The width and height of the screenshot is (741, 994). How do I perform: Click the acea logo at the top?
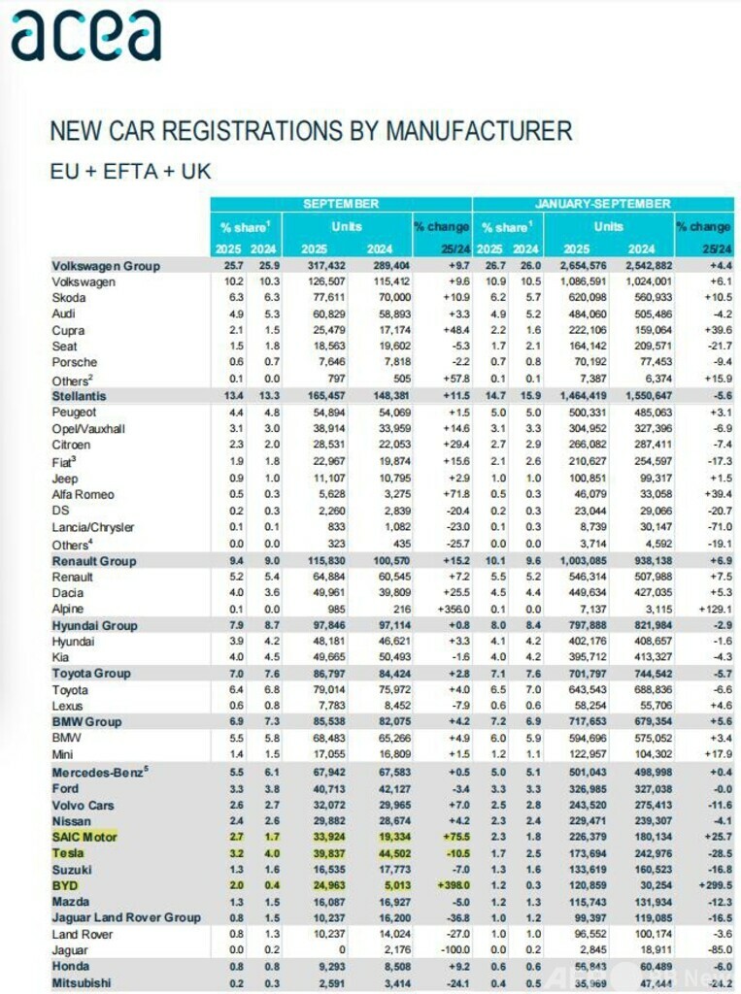85,37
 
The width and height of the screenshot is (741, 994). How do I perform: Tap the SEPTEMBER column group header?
341,204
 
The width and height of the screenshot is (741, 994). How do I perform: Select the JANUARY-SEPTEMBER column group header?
602,204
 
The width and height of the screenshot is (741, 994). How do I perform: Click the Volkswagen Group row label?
105,265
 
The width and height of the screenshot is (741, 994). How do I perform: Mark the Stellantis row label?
80,396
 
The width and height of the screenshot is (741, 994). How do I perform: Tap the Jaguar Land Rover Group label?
126,916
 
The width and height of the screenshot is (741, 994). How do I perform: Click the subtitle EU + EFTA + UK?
130,171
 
